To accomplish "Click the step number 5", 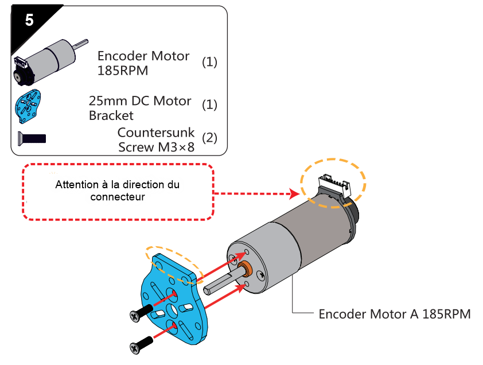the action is click(x=29, y=20).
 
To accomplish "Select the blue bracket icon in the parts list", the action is click(x=28, y=106).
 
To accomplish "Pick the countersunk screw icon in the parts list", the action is click(x=32, y=139).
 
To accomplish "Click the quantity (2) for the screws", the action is click(x=209, y=138).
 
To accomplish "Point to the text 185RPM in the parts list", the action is click(x=123, y=71).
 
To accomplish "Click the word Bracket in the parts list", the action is click(x=111, y=115).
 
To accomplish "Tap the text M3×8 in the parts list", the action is click(x=176, y=147).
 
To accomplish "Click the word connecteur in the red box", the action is click(x=118, y=197).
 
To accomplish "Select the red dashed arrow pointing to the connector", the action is click(x=256, y=193).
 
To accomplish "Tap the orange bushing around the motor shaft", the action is click(x=246, y=267).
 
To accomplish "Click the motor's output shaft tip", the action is click(x=206, y=290).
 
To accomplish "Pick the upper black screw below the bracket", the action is click(x=141, y=313).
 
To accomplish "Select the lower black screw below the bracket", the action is click(x=141, y=345).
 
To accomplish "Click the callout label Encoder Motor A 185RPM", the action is click(x=395, y=314).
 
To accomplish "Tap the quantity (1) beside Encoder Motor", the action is click(x=209, y=62).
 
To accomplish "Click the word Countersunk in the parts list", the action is click(x=156, y=133).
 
